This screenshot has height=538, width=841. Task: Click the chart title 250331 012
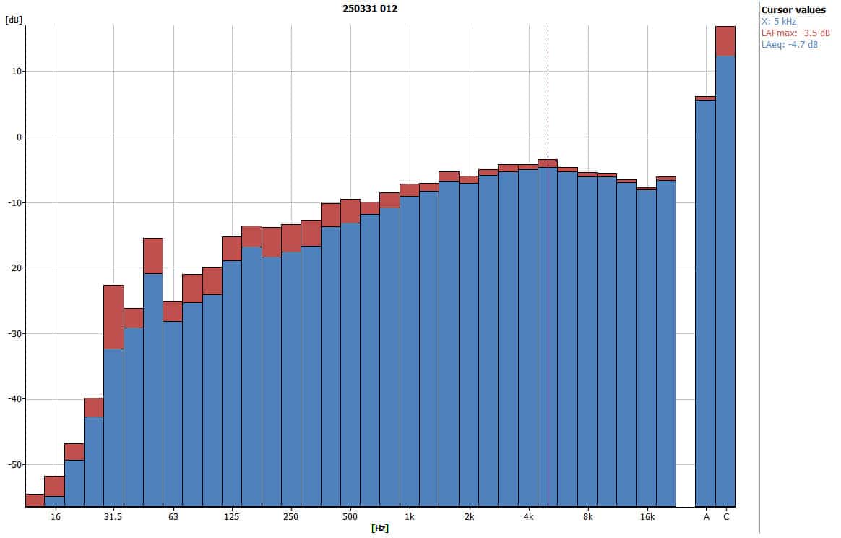tap(369, 8)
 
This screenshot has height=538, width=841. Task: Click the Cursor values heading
tap(793, 10)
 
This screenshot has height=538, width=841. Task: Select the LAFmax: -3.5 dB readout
tap(795, 33)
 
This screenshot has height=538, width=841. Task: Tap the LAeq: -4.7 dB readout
tap(790, 45)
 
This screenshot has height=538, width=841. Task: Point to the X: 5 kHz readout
tap(780, 22)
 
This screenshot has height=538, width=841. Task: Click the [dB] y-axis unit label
tap(13, 20)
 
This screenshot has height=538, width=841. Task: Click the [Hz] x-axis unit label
tap(380, 529)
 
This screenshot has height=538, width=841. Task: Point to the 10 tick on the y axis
tap(16, 72)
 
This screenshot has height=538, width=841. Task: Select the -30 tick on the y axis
tap(14, 333)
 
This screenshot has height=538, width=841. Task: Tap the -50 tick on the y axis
tap(14, 464)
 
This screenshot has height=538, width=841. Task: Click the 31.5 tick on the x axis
tap(113, 517)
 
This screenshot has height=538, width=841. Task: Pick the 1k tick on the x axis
tap(409, 517)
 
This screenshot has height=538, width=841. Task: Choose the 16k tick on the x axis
tap(647, 517)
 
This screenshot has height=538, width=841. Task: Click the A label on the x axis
tap(706, 517)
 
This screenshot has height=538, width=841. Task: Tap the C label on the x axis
tap(726, 517)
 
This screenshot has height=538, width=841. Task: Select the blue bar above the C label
tap(725, 282)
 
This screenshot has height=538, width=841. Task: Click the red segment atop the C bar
tap(725, 41)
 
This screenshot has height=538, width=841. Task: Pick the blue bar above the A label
tap(705, 304)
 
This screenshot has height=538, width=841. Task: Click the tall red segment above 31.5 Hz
tap(113, 317)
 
